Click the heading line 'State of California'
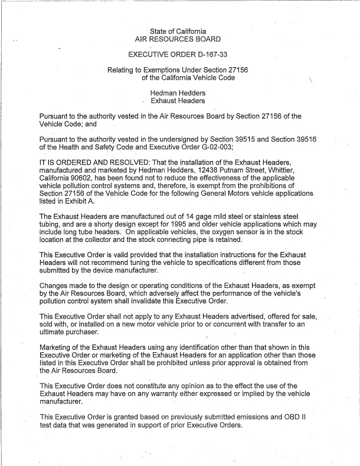tap(178, 31)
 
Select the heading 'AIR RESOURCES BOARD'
tap(178, 40)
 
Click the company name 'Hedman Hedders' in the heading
tap(178, 93)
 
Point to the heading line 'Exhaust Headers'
tap(178, 101)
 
